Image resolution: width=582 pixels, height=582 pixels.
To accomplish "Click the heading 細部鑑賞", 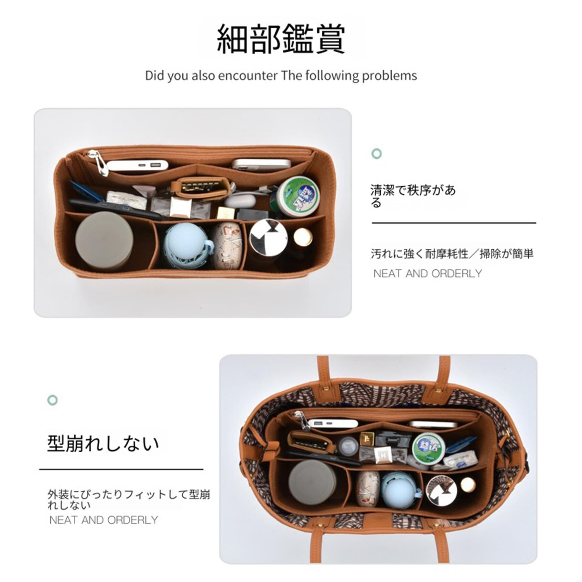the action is pos(281,39).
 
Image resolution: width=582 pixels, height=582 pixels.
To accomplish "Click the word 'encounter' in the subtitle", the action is pos(247,76).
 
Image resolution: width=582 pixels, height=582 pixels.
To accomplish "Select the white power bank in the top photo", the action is pos(137,166).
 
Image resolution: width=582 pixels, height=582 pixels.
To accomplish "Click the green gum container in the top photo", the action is pos(298,196).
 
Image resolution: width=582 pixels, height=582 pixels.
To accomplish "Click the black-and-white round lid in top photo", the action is pos(268,237).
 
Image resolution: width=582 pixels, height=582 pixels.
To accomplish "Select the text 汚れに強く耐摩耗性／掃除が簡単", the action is pos(452,254).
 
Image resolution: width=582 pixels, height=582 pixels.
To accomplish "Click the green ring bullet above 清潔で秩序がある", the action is pos(377,153).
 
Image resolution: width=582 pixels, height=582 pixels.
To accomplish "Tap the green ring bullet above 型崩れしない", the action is pos(53,400).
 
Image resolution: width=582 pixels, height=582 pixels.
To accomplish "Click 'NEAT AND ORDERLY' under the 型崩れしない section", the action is pos(103,520).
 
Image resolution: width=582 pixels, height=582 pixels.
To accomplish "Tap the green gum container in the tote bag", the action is pos(429,448).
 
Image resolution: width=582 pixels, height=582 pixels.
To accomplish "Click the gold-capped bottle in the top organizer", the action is pos(302,237).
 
